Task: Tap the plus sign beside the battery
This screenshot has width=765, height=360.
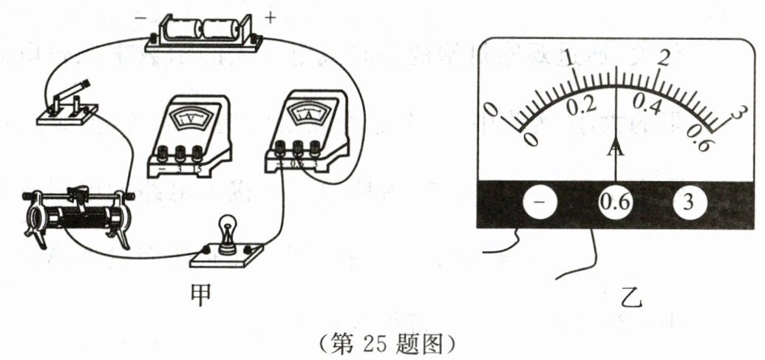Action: click(271, 18)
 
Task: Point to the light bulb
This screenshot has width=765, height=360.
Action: click(228, 235)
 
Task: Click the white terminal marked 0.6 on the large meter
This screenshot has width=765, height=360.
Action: click(615, 203)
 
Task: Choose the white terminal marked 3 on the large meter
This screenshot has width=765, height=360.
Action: click(688, 203)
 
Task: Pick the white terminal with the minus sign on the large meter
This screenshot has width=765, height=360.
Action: click(541, 203)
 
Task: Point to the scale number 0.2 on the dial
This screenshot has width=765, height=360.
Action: click(580, 105)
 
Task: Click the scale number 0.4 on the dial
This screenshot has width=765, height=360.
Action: click(647, 106)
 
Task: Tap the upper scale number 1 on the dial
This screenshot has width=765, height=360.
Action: click(568, 58)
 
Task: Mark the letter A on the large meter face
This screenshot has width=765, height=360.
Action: click(615, 150)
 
